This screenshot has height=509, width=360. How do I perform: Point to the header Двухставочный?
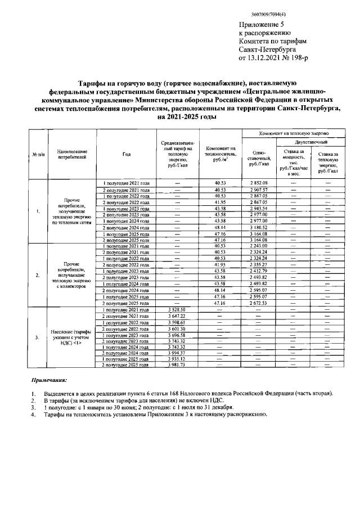[303, 144]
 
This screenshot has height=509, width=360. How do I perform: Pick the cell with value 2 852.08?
[259, 183]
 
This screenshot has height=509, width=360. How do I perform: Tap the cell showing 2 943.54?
[259, 209]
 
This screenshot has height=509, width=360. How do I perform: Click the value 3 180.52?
[259, 227]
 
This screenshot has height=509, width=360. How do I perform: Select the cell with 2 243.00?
[259, 246]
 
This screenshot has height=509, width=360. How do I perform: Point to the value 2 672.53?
[259, 303]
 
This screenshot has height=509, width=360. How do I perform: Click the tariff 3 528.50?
[181, 309]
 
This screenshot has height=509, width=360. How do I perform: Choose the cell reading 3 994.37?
[181, 353]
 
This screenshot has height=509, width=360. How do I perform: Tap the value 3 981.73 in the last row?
[181, 365]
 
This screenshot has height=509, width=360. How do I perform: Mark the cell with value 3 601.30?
[181, 328]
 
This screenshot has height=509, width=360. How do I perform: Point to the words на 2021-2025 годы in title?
[186, 117]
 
